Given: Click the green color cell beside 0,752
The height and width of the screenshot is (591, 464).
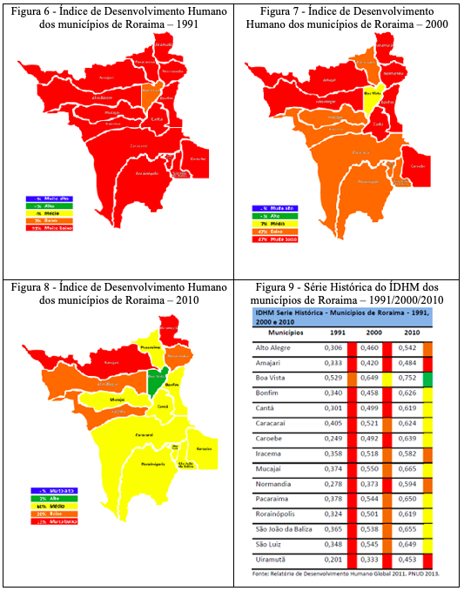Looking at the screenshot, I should pyautogui.click(x=427, y=379).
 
